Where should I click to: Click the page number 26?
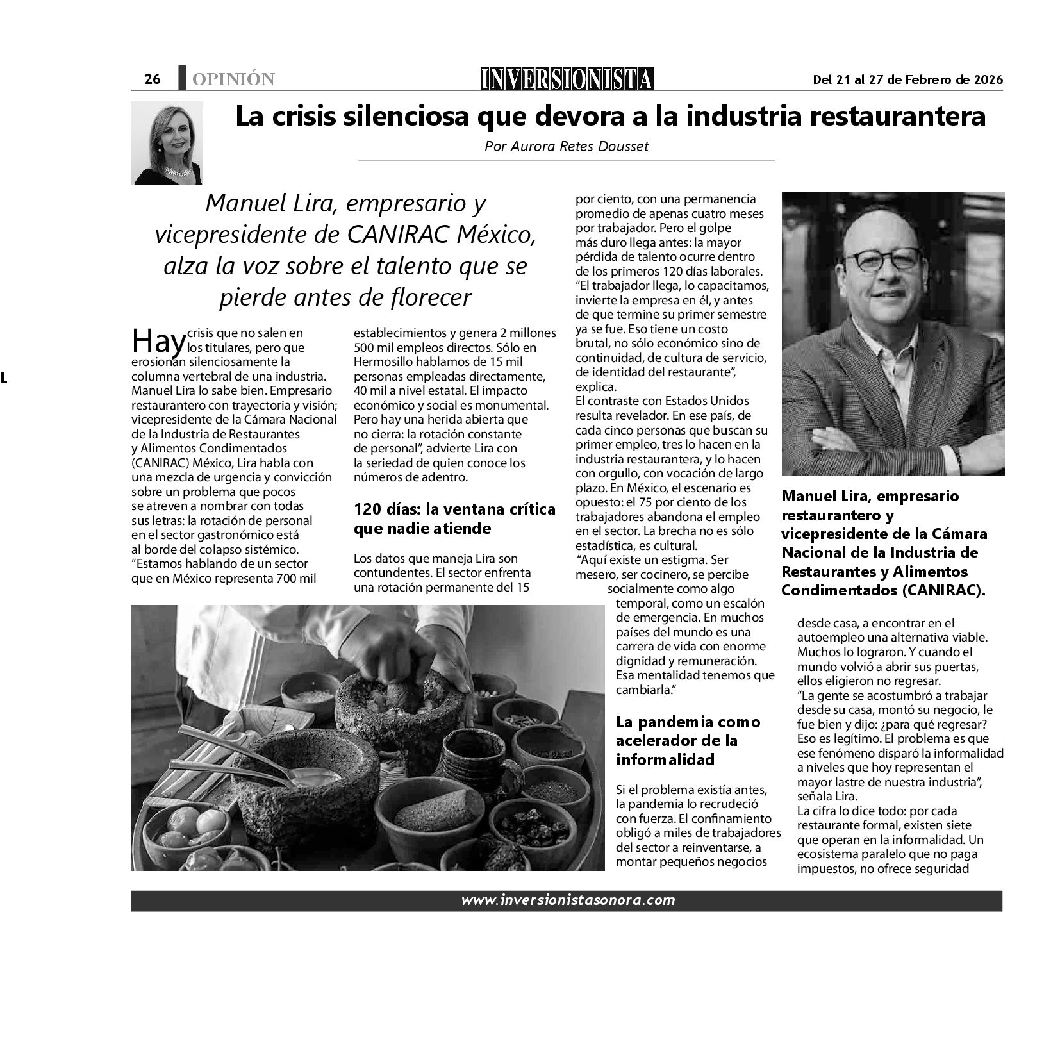(x=153, y=79)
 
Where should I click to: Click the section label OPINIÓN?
(x=233, y=79)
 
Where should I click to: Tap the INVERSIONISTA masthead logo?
(x=567, y=78)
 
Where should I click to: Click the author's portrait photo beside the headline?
(x=167, y=142)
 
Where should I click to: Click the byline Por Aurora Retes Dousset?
(x=567, y=146)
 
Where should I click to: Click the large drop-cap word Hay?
(x=158, y=341)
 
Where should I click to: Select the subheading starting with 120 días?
(x=454, y=518)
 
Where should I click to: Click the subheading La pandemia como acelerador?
(x=688, y=740)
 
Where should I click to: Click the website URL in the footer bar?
(x=568, y=900)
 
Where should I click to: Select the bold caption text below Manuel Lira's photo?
(x=884, y=543)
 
